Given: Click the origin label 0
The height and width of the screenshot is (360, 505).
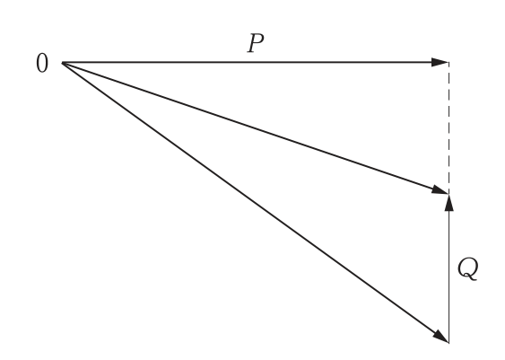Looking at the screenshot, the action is [x=42, y=64].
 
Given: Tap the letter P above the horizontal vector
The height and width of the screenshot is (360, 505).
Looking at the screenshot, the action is [x=256, y=43].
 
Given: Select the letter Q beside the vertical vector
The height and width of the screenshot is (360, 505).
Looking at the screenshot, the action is [x=468, y=269].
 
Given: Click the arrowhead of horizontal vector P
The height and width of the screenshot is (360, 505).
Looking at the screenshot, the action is [x=440, y=62].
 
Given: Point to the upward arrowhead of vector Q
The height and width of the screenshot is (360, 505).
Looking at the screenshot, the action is [x=449, y=202].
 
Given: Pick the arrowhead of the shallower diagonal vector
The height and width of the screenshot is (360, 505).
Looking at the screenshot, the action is [x=440, y=189].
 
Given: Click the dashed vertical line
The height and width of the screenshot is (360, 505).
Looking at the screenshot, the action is [x=449, y=128].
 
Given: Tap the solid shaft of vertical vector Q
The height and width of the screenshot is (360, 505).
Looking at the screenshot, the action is [x=449, y=277].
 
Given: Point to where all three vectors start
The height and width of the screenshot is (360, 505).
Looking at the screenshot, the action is [x=62, y=63].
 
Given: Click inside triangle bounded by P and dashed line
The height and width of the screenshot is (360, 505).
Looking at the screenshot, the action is [x=322, y=105].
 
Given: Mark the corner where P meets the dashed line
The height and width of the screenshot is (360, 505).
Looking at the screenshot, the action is [x=449, y=62].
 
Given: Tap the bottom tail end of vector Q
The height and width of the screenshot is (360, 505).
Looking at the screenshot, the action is [x=449, y=343].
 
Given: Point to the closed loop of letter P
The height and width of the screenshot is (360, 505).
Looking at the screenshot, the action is [x=258, y=39].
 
